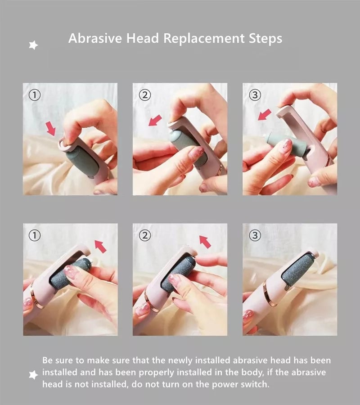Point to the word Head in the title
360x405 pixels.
(x=139, y=38)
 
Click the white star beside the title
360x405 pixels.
(x=33, y=45)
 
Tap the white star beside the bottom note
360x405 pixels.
(x=33, y=374)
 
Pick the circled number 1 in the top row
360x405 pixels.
(x=35, y=95)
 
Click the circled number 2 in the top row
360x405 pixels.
(x=144, y=95)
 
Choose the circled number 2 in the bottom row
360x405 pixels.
(x=144, y=235)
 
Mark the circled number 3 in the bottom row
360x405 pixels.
(x=255, y=235)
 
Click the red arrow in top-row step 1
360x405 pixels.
(x=50, y=128)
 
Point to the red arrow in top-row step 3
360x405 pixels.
(x=265, y=115)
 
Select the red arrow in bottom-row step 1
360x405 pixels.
(x=100, y=246)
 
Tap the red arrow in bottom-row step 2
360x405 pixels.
(x=205, y=242)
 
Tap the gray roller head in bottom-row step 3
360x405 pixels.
(x=298, y=269)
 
